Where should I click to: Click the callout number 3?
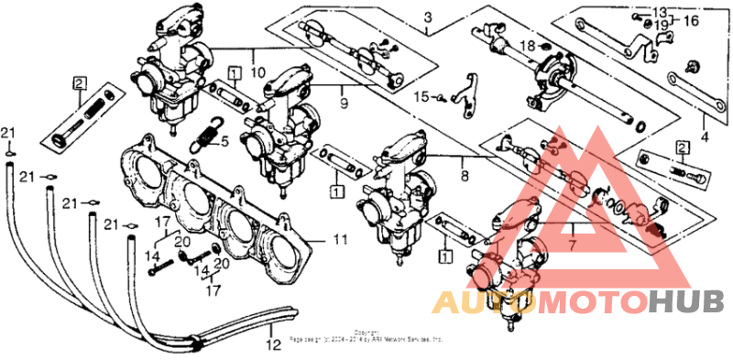pos(427,17)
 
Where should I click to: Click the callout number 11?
pos(340,240)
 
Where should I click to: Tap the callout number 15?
pos(421,94)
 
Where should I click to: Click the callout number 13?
pos(661,11)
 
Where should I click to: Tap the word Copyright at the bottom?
pos(366,332)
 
